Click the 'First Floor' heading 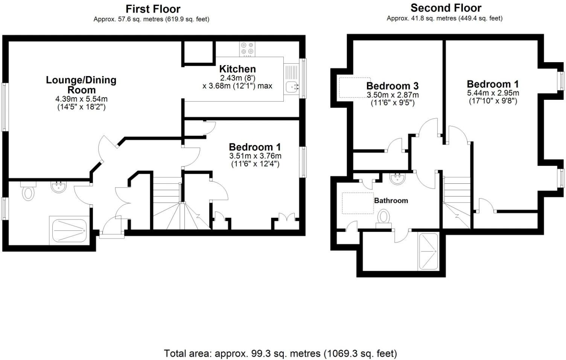(x=153, y=9)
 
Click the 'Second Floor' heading (x=446, y=8)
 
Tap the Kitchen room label (x=237, y=69)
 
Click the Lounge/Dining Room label (x=81, y=85)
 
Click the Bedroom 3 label (x=392, y=86)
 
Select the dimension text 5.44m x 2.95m (x=493, y=93)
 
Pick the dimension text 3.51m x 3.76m (x=255, y=156)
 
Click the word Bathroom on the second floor (x=391, y=200)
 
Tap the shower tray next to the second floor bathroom (x=429, y=251)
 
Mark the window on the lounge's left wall (x=5, y=107)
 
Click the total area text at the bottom (x=280, y=353)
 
